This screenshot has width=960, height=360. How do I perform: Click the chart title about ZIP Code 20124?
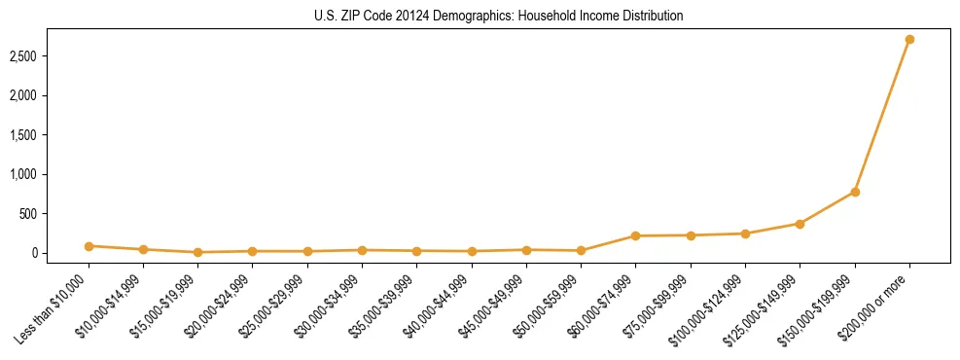[499, 16]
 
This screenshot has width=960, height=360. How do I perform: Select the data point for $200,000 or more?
[909, 40]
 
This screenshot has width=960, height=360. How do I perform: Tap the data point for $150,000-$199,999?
[855, 192]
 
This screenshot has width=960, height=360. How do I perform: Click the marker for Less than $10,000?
[89, 246]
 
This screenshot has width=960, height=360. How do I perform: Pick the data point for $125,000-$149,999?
[800, 224]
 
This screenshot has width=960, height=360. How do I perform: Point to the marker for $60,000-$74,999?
[635, 235]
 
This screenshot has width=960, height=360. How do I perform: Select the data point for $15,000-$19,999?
[197, 252]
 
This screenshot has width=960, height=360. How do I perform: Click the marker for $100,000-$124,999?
[745, 234]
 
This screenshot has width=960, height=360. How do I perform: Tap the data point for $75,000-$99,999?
[691, 235]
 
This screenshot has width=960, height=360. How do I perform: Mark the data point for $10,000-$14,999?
[143, 249]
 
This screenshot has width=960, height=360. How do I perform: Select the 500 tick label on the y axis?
[54, 214]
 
